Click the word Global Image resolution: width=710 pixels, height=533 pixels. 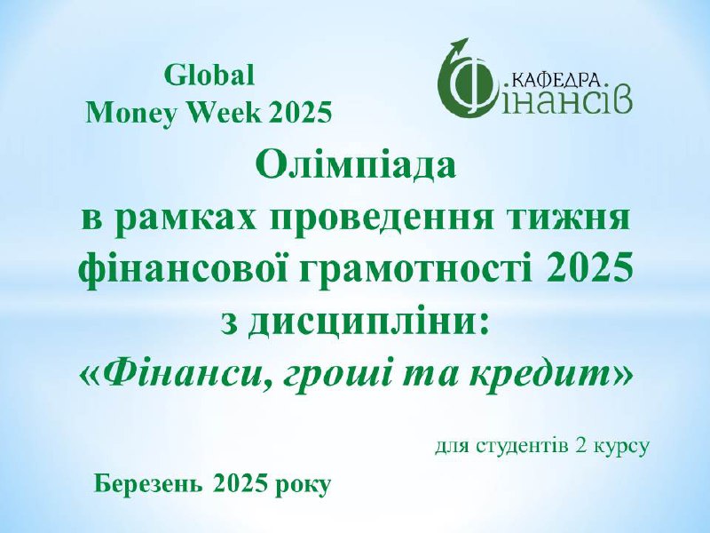coord(209,76)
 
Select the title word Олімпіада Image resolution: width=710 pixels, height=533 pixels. coord(355,166)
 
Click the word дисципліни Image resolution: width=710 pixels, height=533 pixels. coord(368,323)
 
